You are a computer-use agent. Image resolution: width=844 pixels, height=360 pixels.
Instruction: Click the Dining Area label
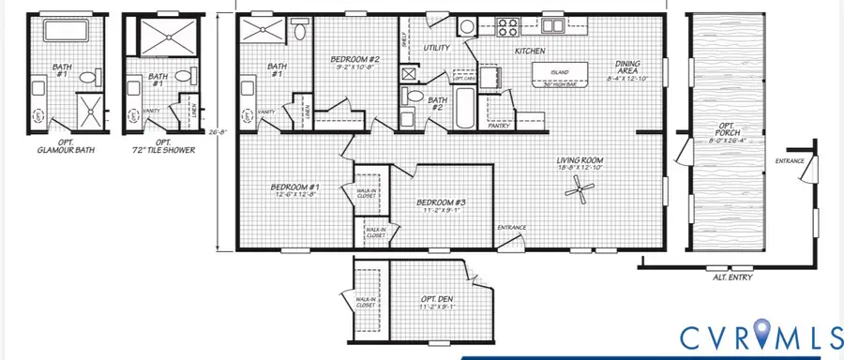(x=627, y=67)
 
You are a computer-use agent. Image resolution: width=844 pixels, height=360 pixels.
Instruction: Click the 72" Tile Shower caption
(x=159, y=147)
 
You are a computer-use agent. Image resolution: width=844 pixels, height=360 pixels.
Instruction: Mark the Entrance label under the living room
(x=511, y=228)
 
